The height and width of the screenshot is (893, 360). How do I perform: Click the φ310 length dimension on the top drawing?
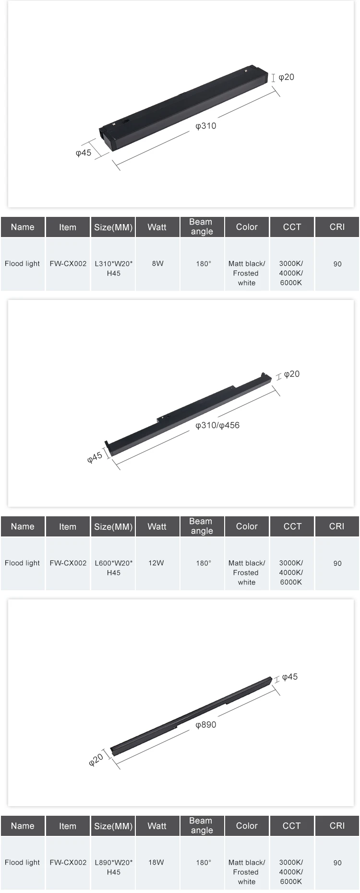(206, 126)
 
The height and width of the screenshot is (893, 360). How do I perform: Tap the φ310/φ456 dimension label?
(217, 425)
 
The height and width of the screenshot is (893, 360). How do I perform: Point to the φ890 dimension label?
(206, 725)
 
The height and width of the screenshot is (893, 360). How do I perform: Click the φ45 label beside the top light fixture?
(84, 153)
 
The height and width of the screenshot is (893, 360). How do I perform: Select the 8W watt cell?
(157, 263)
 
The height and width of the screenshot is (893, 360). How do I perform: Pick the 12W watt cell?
(156, 563)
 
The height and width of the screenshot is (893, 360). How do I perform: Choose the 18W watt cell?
(156, 862)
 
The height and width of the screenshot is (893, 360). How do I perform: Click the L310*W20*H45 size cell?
(114, 268)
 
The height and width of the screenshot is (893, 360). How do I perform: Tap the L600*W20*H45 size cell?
(114, 568)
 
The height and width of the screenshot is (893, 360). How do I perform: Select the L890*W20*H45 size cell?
(114, 867)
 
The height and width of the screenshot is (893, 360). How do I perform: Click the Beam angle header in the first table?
(201, 226)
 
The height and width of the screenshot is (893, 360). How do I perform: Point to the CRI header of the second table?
(336, 526)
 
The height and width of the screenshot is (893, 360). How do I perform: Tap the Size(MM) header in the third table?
(113, 826)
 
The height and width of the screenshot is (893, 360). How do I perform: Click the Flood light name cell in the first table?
(23, 263)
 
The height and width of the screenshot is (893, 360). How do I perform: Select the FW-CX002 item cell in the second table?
(68, 563)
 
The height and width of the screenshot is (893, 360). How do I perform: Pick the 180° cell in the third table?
(203, 862)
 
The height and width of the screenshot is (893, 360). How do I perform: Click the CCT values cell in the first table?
(291, 273)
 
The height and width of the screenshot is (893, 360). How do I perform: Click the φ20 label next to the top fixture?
(287, 77)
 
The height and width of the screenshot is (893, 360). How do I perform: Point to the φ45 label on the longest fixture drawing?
(290, 677)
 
